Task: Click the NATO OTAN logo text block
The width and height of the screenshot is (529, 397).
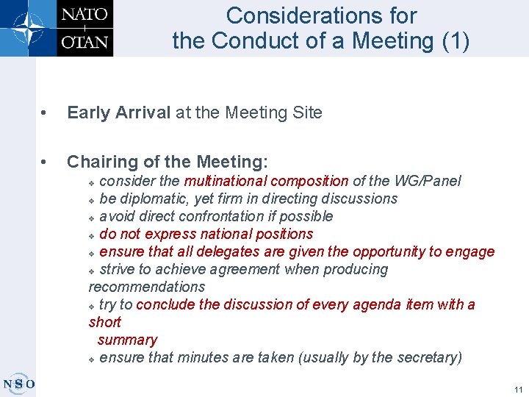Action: (x=84, y=28)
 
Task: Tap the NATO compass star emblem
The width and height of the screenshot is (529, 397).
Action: (x=28, y=28)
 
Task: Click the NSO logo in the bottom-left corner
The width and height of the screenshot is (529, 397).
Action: (x=18, y=384)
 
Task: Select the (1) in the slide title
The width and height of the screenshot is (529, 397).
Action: (x=453, y=40)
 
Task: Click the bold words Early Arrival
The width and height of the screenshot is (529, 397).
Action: (x=118, y=112)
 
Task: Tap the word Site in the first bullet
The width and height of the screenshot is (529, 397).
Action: (x=308, y=112)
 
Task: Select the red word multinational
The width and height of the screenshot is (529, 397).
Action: (x=227, y=181)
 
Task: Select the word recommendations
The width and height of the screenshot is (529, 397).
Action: (x=147, y=287)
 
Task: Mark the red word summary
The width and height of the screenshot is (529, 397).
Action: (x=127, y=340)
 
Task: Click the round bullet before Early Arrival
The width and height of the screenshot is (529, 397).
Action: (x=46, y=113)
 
